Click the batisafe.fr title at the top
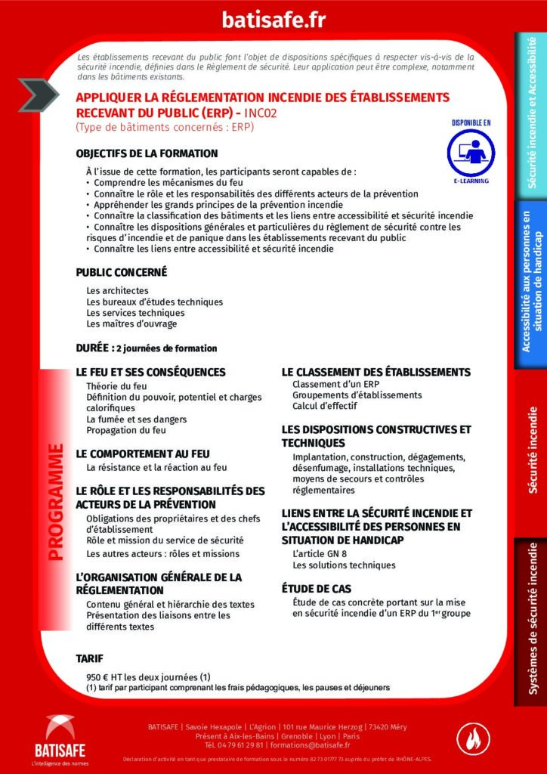pyautogui.click(x=273, y=20)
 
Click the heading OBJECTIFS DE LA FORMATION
pyautogui.click(x=147, y=153)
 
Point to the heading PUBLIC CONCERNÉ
pyautogui.click(x=121, y=273)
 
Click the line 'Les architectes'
pyautogui.click(x=117, y=290)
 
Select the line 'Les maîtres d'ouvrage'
pyautogui.click(x=131, y=324)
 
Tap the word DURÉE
pyautogui.click(x=91, y=348)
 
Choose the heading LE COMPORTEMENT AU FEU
pyautogui.click(x=143, y=454)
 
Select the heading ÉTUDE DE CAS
pyautogui.click(x=317, y=588)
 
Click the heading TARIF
pyautogui.click(x=89, y=658)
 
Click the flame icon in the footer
pyautogui.click(x=474, y=739)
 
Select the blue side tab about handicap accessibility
pyautogui.click(x=531, y=283)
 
